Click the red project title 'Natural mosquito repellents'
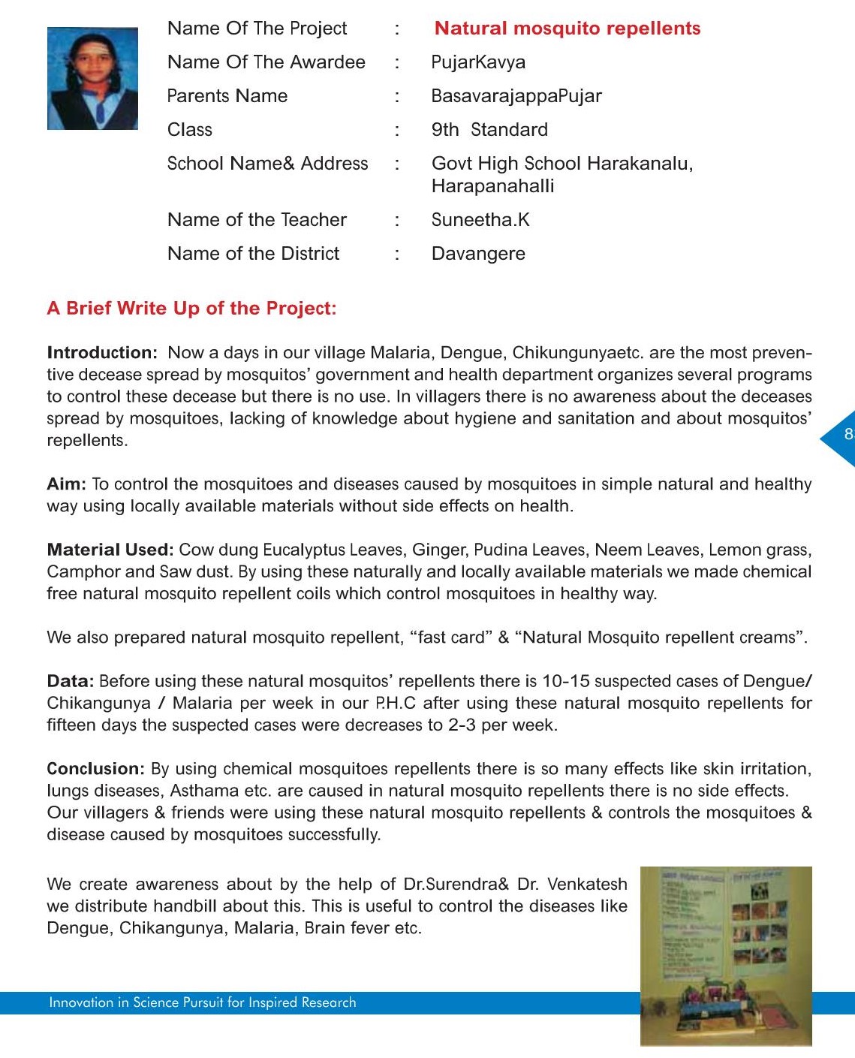pyautogui.click(x=567, y=29)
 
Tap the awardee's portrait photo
pyautogui.click(x=92, y=79)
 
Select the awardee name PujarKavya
pyautogui.click(x=478, y=62)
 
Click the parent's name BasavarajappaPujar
pyautogui.click(x=516, y=96)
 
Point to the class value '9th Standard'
pyautogui.click(x=489, y=130)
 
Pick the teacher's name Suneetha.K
pyautogui.click(x=480, y=220)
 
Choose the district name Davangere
pyautogui.click(x=478, y=254)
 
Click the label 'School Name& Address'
pyautogui.click(x=267, y=164)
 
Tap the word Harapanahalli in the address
pyautogui.click(x=492, y=186)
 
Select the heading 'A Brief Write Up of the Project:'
pyautogui.click(x=191, y=309)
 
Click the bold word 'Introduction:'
pyautogui.click(x=102, y=353)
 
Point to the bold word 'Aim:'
pyautogui.click(x=66, y=484)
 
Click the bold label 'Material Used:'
pyautogui.click(x=110, y=550)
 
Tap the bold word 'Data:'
pyautogui.click(x=70, y=681)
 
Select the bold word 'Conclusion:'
pyautogui.click(x=95, y=769)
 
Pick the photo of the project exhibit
pyautogui.click(x=726, y=955)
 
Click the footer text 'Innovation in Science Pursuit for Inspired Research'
pyautogui.click(x=203, y=1002)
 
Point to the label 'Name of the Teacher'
pyautogui.click(x=257, y=220)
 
